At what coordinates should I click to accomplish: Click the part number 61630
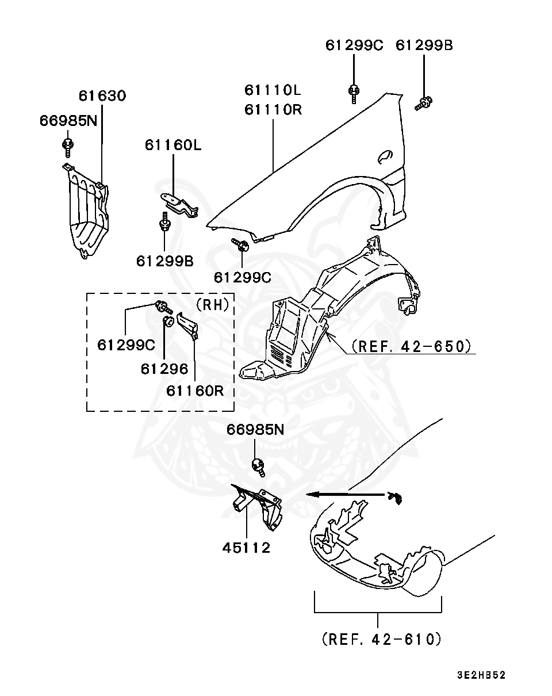pyautogui.click(x=102, y=95)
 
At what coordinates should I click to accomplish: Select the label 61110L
pyautogui.click(x=273, y=90)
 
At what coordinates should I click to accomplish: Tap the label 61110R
pyautogui.click(x=273, y=109)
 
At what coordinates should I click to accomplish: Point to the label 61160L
pyautogui.click(x=172, y=145)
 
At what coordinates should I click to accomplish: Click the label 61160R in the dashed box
pyautogui.click(x=195, y=391)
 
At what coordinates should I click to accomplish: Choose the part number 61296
pyautogui.click(x=164, y=368)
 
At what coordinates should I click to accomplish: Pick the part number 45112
pyautogui.click(x=246, y=548)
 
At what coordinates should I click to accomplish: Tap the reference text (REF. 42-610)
pyautogui.click(x=381, y=638)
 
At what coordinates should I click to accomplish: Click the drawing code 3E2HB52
pyautogui.click(x=481, y=675)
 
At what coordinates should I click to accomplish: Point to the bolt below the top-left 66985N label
pyautogui.click(x=68, y=146)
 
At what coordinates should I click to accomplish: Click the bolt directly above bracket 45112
pyautogui.click(x=258, y=467)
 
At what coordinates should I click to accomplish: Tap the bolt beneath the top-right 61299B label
pyautogui.click(x=424, y=104)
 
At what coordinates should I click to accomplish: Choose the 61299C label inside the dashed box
pyautogui.click(x=125, y=345)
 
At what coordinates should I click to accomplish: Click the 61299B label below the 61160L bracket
pyautogui.click(x=164, y=261)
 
